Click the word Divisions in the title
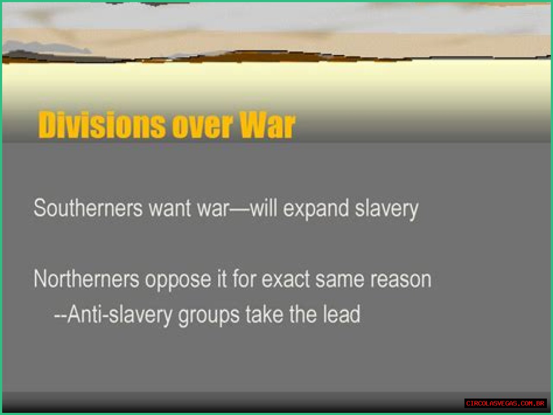pyautogui.click(x=102, y=125)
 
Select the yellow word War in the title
pyautogui.click(x=267, y=125)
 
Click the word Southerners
pyautogui.click(x=88, y=208)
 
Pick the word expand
pyautogui.click(x=316, y=209)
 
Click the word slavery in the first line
pyautogui.click(x=386, y=209)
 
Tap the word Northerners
pyautogui.click(x=86, y=279)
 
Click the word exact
pyautogui.click(x=286, y=279)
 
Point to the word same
pyautogui.click(x=340, y=280)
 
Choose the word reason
pyautogui.click(x=400, y=280)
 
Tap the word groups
pyautogui.click(x=209, y=316)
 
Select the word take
pyautogui.click(x=264, y=314)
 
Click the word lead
pyautogui.click(x=342, y=314)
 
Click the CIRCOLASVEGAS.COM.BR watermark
pyautogui.click(x=505, y=403)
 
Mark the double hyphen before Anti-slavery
pyautogui.click(x=60, y=316)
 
